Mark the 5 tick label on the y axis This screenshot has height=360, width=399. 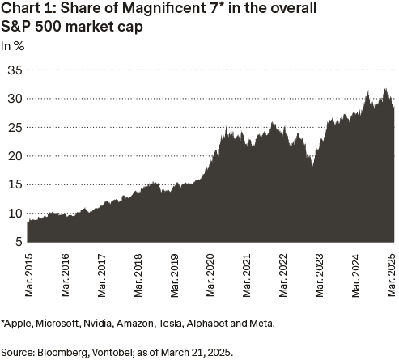[x=15, y=242]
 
